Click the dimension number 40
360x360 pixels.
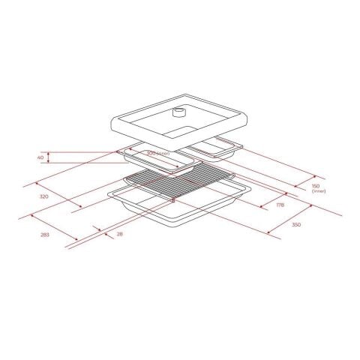40,157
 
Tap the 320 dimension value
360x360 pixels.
43,196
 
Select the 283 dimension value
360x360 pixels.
44,235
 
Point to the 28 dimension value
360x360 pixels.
118,234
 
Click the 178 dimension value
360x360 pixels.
280,205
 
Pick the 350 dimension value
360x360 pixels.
295,224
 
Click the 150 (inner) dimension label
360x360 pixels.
316,187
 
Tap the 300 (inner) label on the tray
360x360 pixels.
157,153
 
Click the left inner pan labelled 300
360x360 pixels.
154,161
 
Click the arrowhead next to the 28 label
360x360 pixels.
98,228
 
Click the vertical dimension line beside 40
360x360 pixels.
49,157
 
